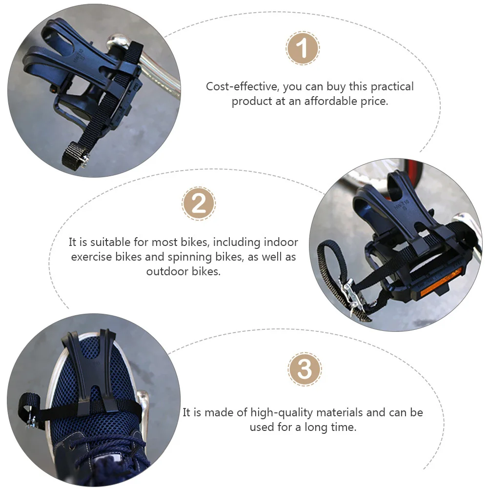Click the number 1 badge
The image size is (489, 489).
(x=303, y=49)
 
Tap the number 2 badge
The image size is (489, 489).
(x=199, y=204)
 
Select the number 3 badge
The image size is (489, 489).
(x=305, y=369)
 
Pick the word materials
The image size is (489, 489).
(x=341, y=412)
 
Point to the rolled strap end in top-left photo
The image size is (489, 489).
(x=73, y=154)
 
